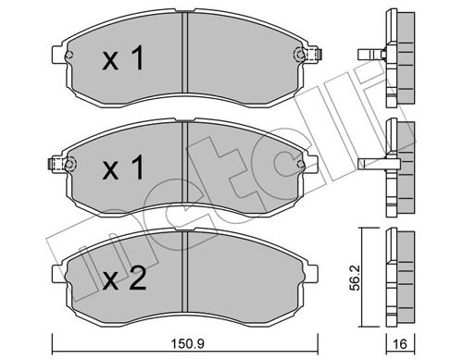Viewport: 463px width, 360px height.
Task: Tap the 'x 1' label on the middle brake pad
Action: pyautogui.click(x=122, y=169)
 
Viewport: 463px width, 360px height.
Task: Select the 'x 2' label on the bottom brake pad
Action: pyautogui.click(x=122, y=279)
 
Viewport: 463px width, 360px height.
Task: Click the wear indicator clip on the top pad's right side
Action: pyautogui.click(x=300, y=54)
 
